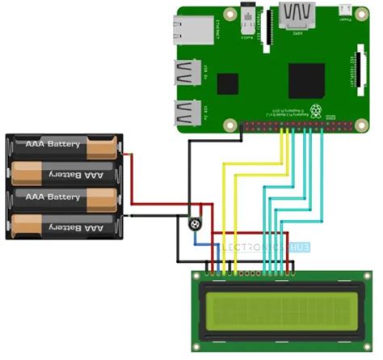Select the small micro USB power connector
(345, 10)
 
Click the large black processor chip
(306, 80)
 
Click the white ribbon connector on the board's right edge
(352, 70)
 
